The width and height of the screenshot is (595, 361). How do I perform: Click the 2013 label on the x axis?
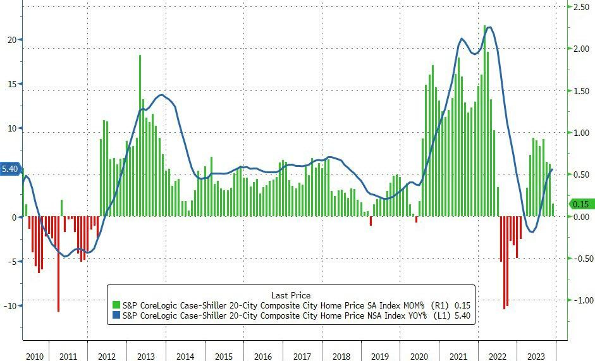coord(146,355)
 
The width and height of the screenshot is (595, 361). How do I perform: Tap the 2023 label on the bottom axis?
coord(537,355)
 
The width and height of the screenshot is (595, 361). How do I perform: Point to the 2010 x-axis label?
coord(35,355)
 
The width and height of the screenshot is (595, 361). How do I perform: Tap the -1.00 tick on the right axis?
coord(581,300)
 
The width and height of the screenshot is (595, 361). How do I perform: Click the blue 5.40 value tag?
coord(10,169)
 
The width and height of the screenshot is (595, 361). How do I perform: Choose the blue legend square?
coord(116,315)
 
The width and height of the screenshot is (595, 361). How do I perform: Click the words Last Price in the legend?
coord(291,295)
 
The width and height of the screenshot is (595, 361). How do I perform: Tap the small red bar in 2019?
coord(371,221)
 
